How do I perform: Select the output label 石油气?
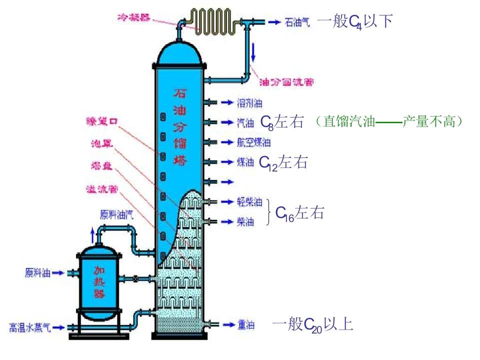click(x=297, y=22)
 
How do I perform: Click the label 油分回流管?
click(x=287, y=82)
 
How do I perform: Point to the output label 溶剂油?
click(x=249, y=103)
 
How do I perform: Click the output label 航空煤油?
click(x=253, y=142)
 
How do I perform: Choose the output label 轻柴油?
click(x=249, y=202)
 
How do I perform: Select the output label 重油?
click(x=245, y=325)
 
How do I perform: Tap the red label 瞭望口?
click(x=102, y=121)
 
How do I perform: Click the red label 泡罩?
click(x=102, y=143)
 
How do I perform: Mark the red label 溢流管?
click(x=102, y=189)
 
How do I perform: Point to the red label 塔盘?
click(x=101, y=166)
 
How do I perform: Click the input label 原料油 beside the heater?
click(x=38, y=273)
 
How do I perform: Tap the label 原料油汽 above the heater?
click(x=116, y=214)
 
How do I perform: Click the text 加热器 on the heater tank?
click(x=100, y=282)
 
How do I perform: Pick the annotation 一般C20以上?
click(x=313, y=324)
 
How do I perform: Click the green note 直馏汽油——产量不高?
click(x=390, y=121)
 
